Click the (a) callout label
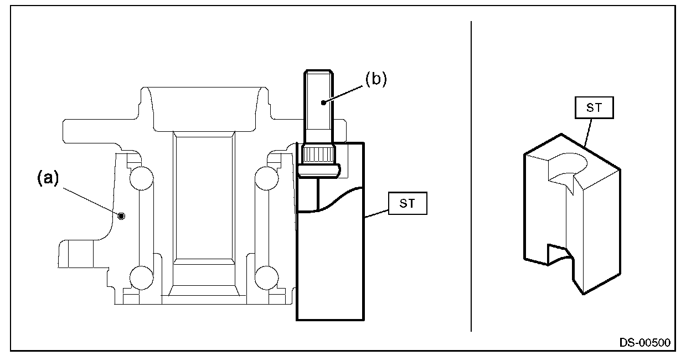tap(48, 178)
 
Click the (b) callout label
tap(376, 79)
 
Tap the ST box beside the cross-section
tap(408, 203)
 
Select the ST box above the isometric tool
tap(594, 107)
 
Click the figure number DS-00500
tap(645, 343)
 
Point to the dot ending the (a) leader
tap(121, 216)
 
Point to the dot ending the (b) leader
tap(323, 102)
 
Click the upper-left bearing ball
tap(142, 178)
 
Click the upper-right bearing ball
tap(267, 178)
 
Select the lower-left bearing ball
tap(142, 278)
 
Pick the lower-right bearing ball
tap(267, 278)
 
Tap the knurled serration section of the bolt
tap(319, 155)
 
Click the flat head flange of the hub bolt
tap(319, 171)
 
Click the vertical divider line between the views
tap(471, 177)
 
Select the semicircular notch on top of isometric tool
tap(568, 168)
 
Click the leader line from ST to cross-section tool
tap(376, 214)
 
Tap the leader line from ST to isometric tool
tap(588, 132)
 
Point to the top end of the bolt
tap(319, 71)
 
